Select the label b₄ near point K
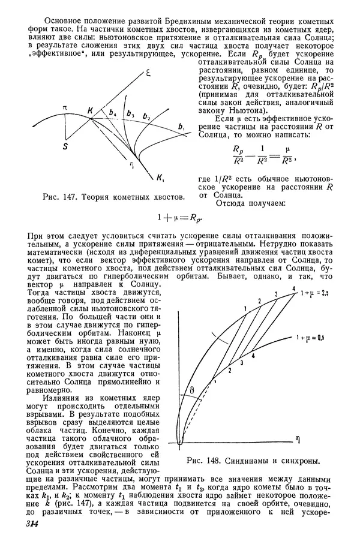[x=112, y=112]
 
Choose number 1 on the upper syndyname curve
[x=247, y=307]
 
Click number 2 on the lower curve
[x=229, y=372]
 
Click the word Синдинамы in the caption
[x=245, y=461]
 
